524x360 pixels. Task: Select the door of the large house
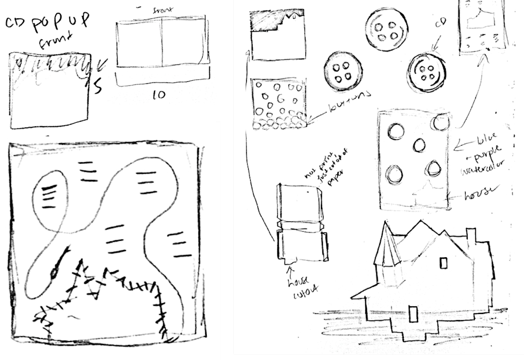412,314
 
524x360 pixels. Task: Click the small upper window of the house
443,262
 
